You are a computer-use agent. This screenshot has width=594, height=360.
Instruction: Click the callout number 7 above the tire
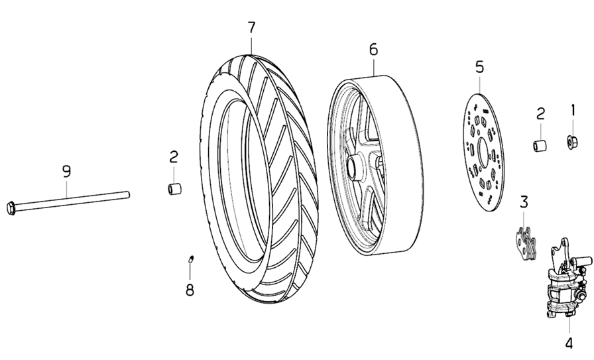tap(251, 29)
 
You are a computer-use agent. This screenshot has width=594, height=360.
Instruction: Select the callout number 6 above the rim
tap(373, 49)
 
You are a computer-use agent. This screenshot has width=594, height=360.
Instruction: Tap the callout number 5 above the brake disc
tap(480, 67)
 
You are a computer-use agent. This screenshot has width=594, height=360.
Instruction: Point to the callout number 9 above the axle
tap(66, 171)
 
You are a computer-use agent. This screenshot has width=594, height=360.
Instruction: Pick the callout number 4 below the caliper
tap(568, 343)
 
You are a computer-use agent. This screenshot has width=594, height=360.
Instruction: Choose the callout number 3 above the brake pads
tap(524, 201)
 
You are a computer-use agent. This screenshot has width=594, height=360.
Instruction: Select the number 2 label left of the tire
tap(174, 157)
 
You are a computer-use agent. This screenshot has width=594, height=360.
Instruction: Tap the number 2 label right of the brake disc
tap(540, 113)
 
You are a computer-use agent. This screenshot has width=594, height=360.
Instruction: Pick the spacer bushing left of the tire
tap(174, 190)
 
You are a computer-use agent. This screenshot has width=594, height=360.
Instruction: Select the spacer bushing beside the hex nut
tap(541, 145)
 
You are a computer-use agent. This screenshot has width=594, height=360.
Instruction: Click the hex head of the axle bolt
tap(12, 206)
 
